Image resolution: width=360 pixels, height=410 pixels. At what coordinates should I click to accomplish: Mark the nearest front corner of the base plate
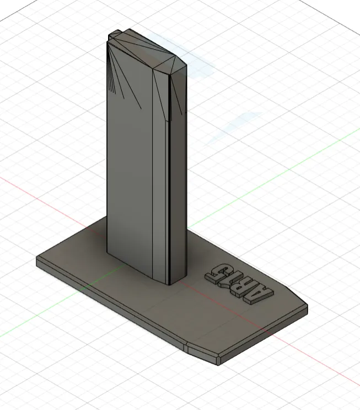coord(218,361)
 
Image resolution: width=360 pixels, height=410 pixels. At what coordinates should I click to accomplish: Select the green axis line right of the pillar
coord(276,171)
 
